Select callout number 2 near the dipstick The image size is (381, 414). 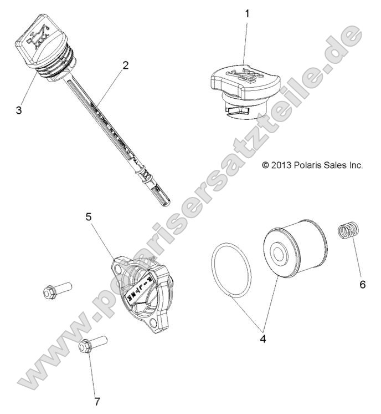point(126,65)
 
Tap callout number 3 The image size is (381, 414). point(19,110)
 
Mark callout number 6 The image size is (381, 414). point(363,284)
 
